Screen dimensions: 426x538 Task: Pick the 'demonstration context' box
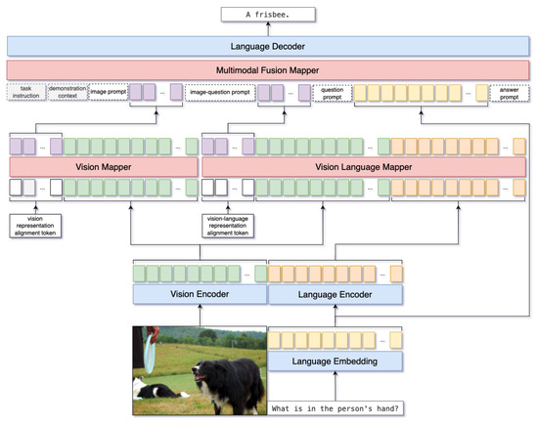(x=67, y=93)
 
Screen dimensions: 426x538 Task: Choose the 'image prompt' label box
(x=108, y=93)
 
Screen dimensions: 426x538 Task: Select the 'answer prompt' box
(x=509, y=93)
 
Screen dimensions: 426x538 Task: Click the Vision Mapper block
(x=102, y=166)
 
